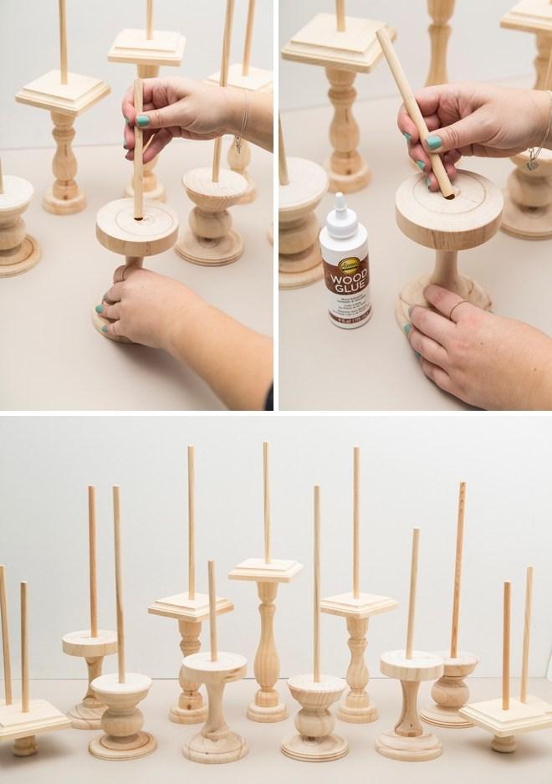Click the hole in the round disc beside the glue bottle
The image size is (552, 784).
(x=448, y=198)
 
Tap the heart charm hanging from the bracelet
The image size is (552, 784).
(x=533, y=164)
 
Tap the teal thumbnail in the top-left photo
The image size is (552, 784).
(x=143, y=122)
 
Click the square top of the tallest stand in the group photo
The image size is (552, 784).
(x=266, y=568)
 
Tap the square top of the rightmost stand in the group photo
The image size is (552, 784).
(x=505, y=712)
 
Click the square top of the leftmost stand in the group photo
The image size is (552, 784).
(x=30, y=716)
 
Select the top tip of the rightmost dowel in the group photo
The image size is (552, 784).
(x=529, y=571)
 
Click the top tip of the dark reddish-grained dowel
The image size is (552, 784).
(x=462, y=486)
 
